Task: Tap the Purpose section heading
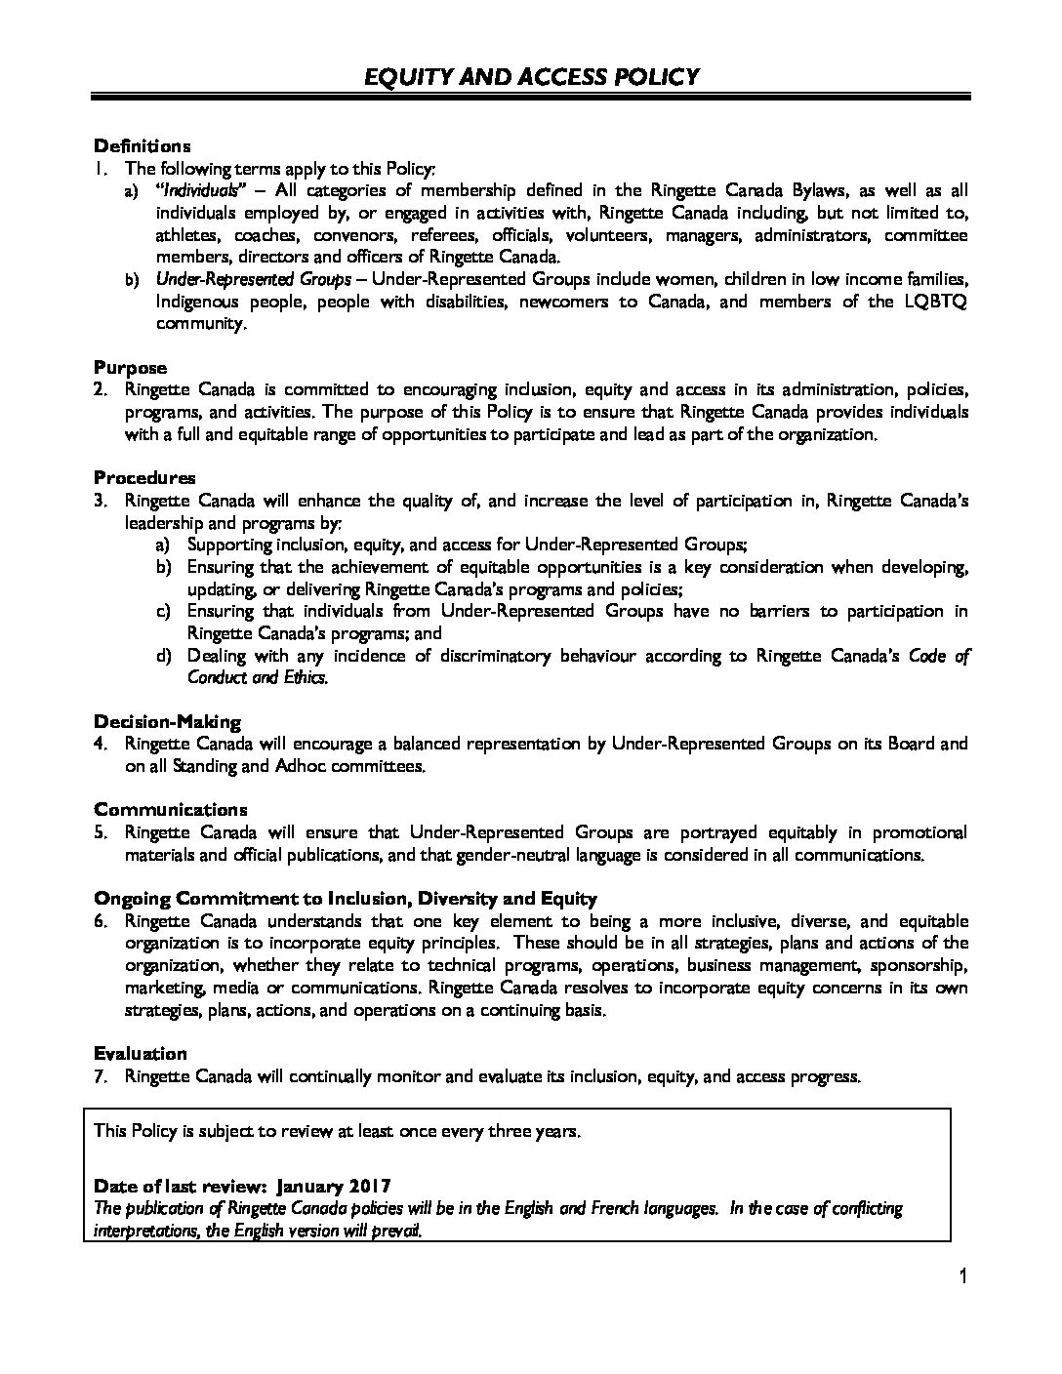pyautogui.click(x=130, y=368)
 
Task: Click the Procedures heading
pyautogui.click(x=144, y=478)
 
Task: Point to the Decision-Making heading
pyautogui.click(x=167, y=722)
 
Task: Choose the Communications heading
pyautogui.click(x=171, y=810)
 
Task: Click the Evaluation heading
pyautogui.click(x=140, y=1054)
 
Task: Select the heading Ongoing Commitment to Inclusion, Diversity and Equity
pyautogui.click(x=346, y=899)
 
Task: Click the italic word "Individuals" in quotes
pyautogui.click(x=197, y=190)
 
